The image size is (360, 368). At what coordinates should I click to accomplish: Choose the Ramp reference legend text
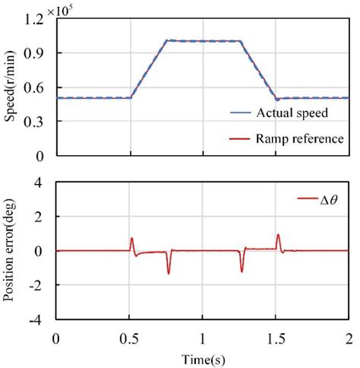(x=295, y=138)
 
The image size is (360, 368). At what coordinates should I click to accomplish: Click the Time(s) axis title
(x=201, y=358)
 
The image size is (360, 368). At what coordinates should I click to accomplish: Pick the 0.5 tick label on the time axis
(x=131, y=337)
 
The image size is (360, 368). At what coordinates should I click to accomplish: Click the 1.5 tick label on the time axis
(x=276, y=337)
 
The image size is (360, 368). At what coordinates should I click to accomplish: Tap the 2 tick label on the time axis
(x=348, y=337)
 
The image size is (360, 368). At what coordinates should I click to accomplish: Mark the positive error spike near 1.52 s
(x=278, y=236)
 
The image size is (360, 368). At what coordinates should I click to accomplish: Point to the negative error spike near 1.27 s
(x=242, y=269)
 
